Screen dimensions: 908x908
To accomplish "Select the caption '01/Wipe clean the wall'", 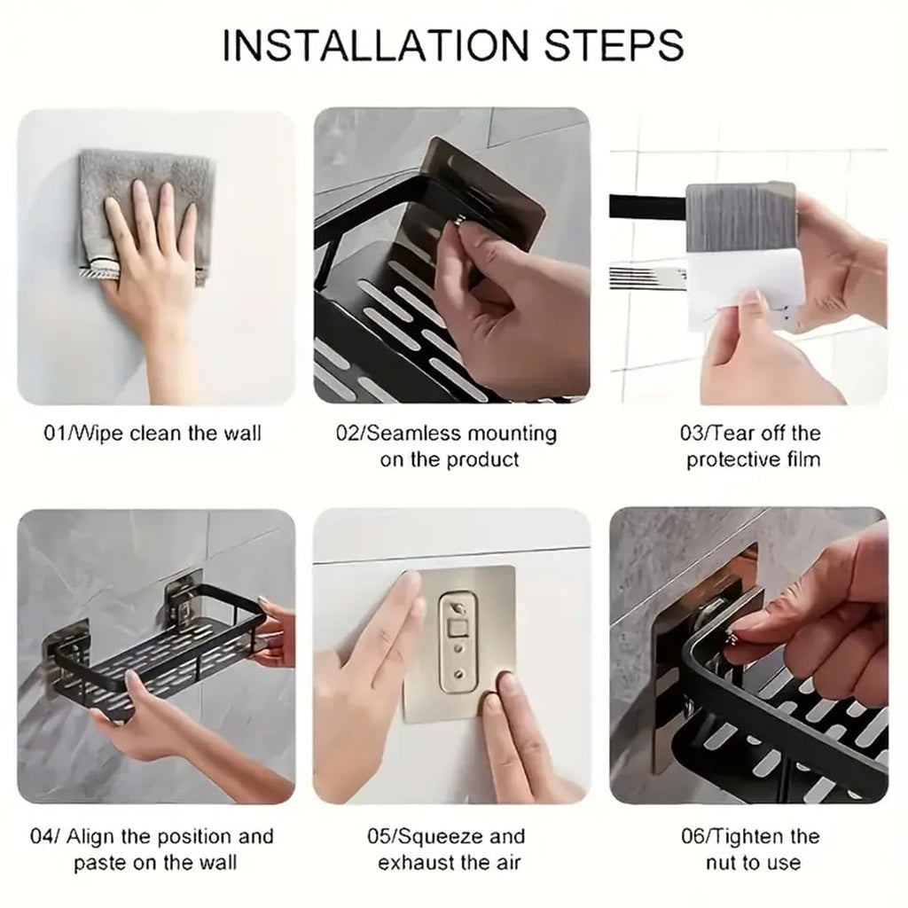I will (x=153, y=434).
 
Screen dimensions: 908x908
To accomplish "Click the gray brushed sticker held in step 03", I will (x=740, y=217).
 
